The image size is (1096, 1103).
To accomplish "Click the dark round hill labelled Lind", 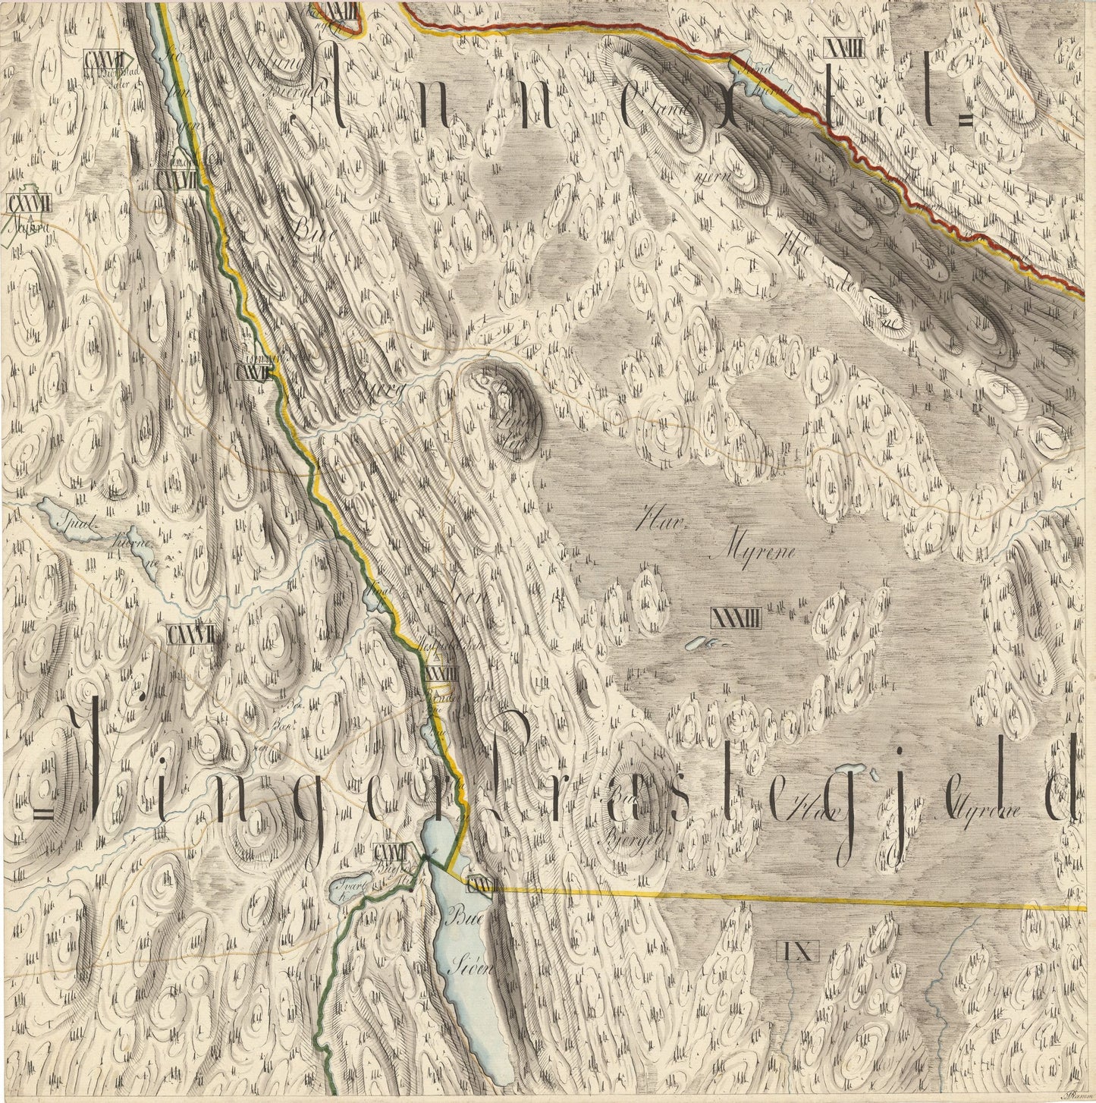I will tap(507, 396).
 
